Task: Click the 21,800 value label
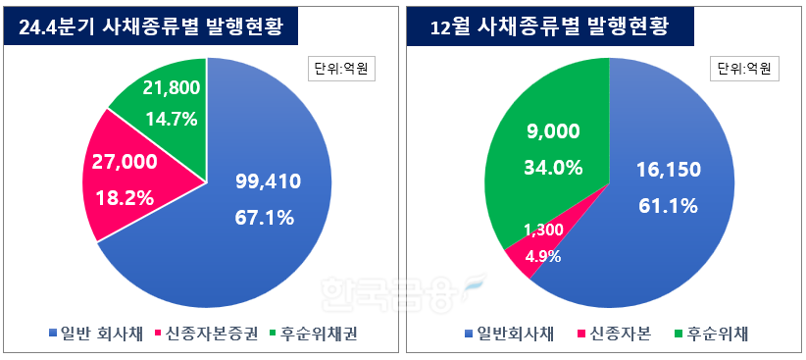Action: (x=172, y=88)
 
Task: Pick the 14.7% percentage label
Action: (x=172, y=120)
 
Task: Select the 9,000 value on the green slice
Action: (x=553, y=131)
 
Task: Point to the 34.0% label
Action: (x=555, y=167)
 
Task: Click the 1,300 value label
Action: (x=541, y=230)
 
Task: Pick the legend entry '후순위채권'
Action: (x=316, y=334)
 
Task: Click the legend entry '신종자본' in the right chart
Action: (x=611, y=334)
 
